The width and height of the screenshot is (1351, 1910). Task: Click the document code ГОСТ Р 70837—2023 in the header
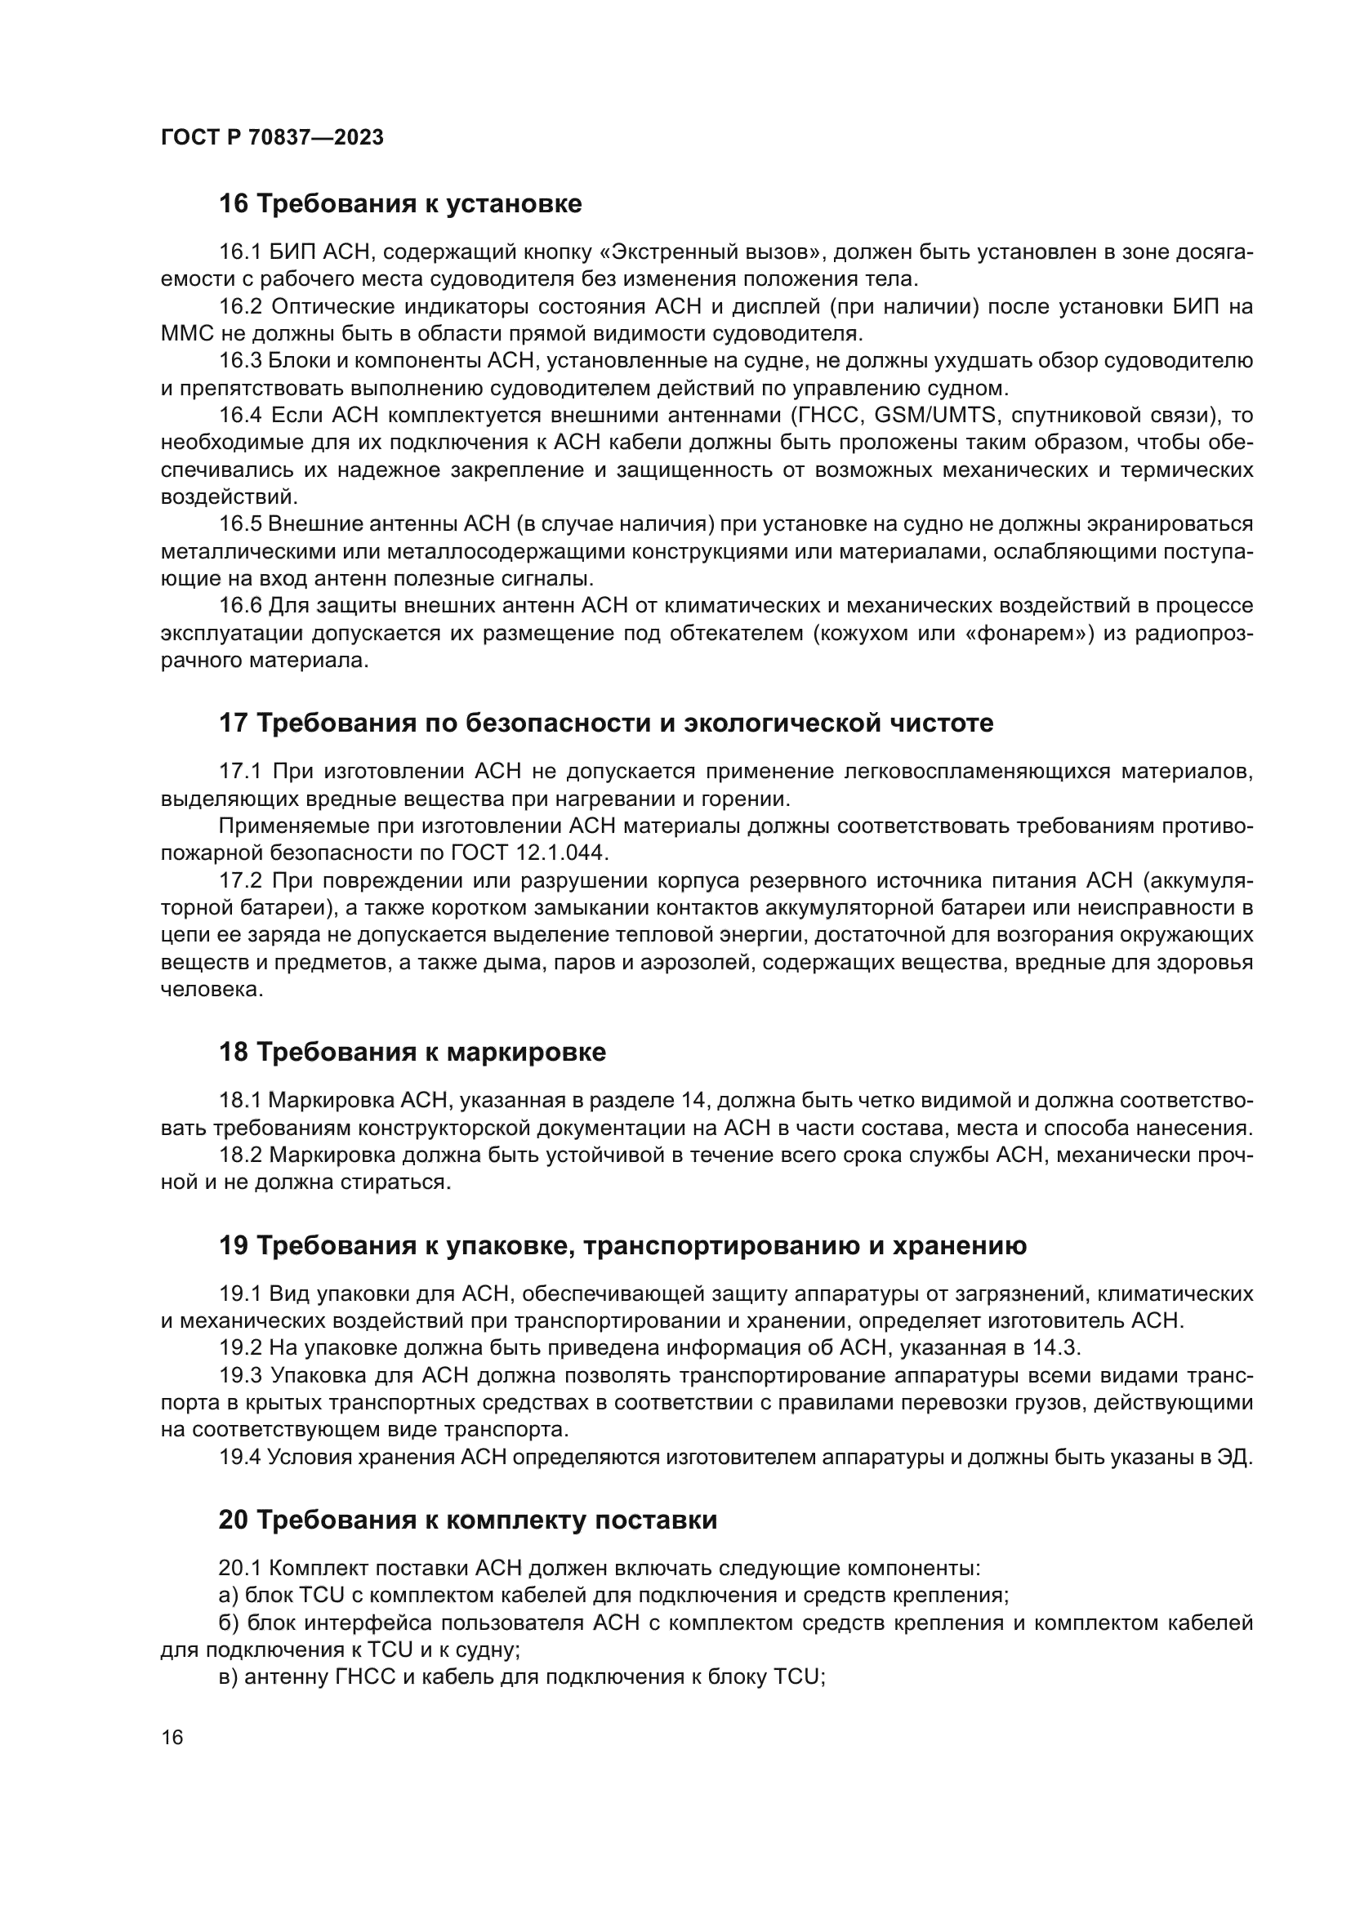tap(272, 138)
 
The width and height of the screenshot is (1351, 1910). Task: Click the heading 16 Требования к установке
tap(400, 204)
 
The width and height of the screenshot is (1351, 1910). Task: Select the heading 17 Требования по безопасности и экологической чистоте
tap(605, 723)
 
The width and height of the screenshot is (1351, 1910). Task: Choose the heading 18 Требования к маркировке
tap(412, 1053)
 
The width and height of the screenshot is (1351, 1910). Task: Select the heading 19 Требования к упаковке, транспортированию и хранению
tap(622, 1245)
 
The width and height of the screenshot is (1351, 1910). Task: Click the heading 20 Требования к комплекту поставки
tap(467, 1520)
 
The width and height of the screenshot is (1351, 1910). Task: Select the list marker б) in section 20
tap(229, 1623)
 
